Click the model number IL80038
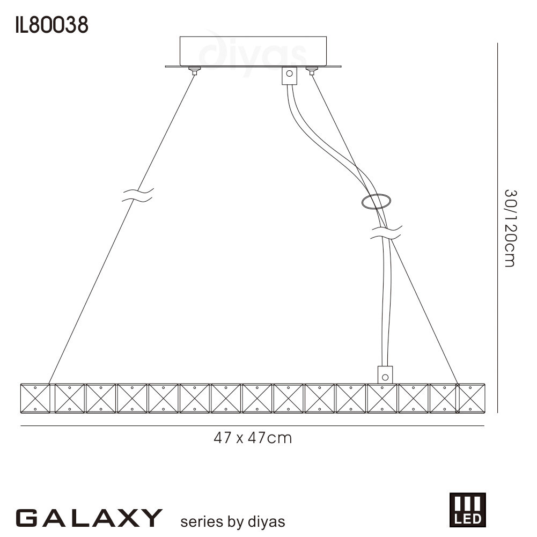52,25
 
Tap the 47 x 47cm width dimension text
253,438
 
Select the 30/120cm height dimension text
510,229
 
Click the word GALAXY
89,518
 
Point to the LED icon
467,510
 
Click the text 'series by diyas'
232,521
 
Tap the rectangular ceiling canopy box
253,52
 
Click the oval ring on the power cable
376,201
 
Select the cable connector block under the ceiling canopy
289,75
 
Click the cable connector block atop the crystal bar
385,375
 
